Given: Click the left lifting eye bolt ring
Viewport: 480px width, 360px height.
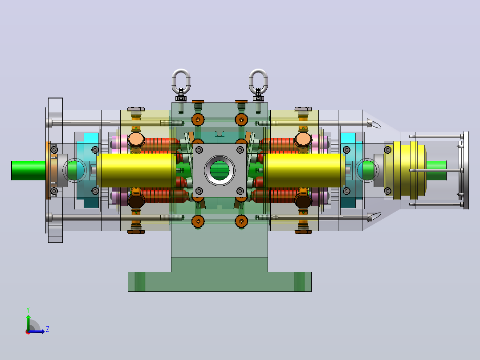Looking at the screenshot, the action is tap(172, 80).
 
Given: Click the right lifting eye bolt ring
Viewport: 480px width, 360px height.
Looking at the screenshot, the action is tap(250, 80).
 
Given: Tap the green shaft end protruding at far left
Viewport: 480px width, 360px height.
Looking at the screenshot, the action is tap(28, 170).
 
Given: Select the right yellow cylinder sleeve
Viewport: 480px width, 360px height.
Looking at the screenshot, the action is tap(305, 170).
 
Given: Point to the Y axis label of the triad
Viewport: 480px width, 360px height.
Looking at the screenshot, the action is tap(28, 310).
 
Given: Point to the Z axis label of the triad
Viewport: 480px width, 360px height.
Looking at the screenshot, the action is tap(48, 329).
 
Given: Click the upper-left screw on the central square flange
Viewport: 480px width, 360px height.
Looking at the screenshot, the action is tap(199, 150).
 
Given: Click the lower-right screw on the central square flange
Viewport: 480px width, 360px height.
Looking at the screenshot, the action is tap(240, 191).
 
